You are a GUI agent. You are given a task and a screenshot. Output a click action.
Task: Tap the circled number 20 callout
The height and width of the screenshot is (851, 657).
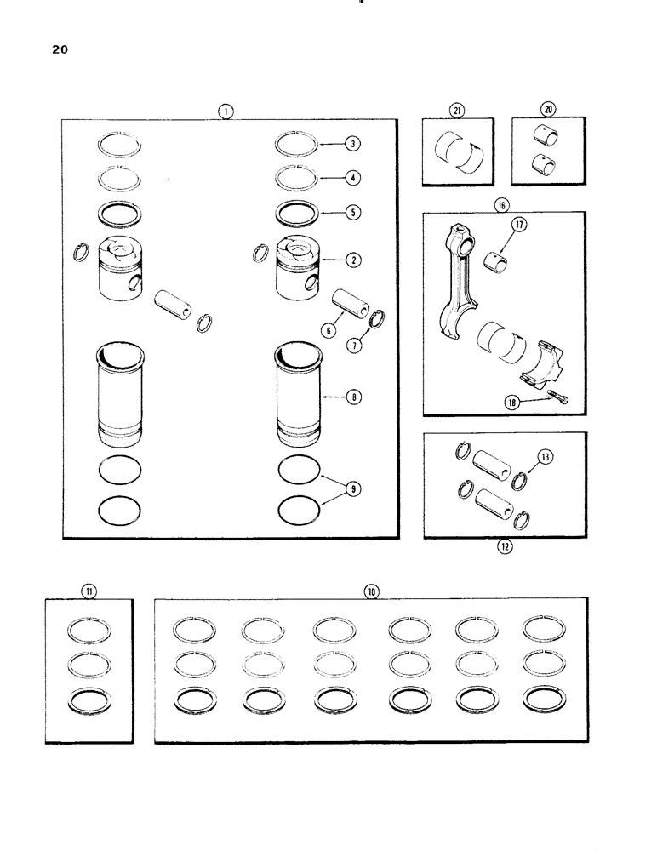pos(547,109)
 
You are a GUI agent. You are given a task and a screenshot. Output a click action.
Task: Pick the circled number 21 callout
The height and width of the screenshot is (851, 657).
pos(458,109)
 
